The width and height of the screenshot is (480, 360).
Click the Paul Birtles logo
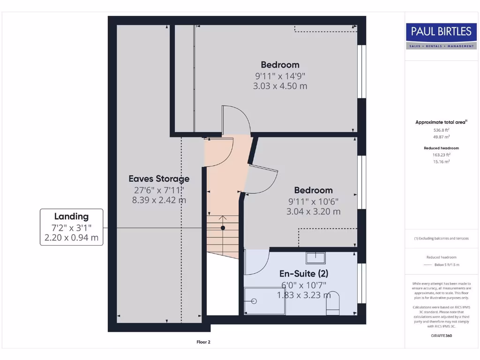tap(441, 36)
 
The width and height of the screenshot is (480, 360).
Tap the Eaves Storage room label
tap(159, 179)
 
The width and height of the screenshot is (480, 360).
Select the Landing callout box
tap(71, 227)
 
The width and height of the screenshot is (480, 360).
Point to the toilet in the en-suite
tap(332, 302)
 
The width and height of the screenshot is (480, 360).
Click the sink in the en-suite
tap(315, 258)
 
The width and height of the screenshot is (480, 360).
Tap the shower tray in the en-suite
tap(265, 300)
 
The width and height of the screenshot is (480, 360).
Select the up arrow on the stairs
tap(223, 218)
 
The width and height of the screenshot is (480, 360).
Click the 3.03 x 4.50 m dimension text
tap(280, 86)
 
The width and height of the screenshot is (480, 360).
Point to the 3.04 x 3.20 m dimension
tap(313, 211)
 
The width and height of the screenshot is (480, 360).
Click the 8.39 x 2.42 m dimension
tap(159, 200)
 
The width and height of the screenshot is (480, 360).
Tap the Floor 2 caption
tap(203, 342)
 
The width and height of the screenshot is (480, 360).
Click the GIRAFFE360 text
tap(441, 336)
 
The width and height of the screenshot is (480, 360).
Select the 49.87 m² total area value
tap(441, 137)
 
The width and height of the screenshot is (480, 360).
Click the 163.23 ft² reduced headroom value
tap(441, 155)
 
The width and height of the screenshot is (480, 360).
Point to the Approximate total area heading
tap(441, 122)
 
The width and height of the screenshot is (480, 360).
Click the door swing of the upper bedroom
tap(237, 120)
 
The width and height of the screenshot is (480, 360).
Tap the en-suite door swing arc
tap(257, 262)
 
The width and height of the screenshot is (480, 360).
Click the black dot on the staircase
tap(223, 228)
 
